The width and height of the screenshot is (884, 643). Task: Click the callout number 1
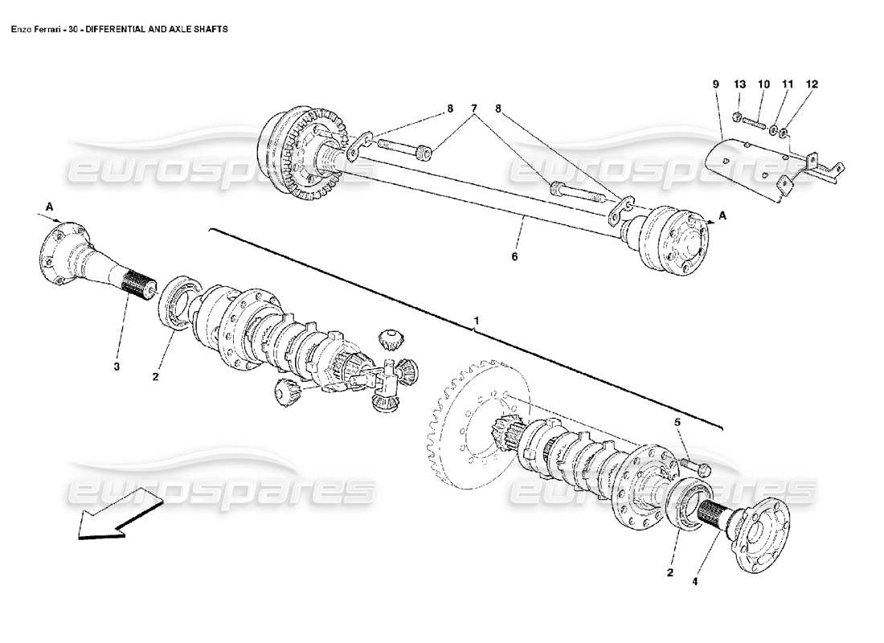[477, 321]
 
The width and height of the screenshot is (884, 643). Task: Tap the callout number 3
[117, 367]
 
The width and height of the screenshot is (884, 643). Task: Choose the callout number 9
[715, 84]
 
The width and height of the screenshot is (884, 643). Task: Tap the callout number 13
[739, 84]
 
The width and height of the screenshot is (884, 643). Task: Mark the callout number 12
[812, 84]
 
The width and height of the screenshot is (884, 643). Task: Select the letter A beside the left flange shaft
[49, 207]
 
